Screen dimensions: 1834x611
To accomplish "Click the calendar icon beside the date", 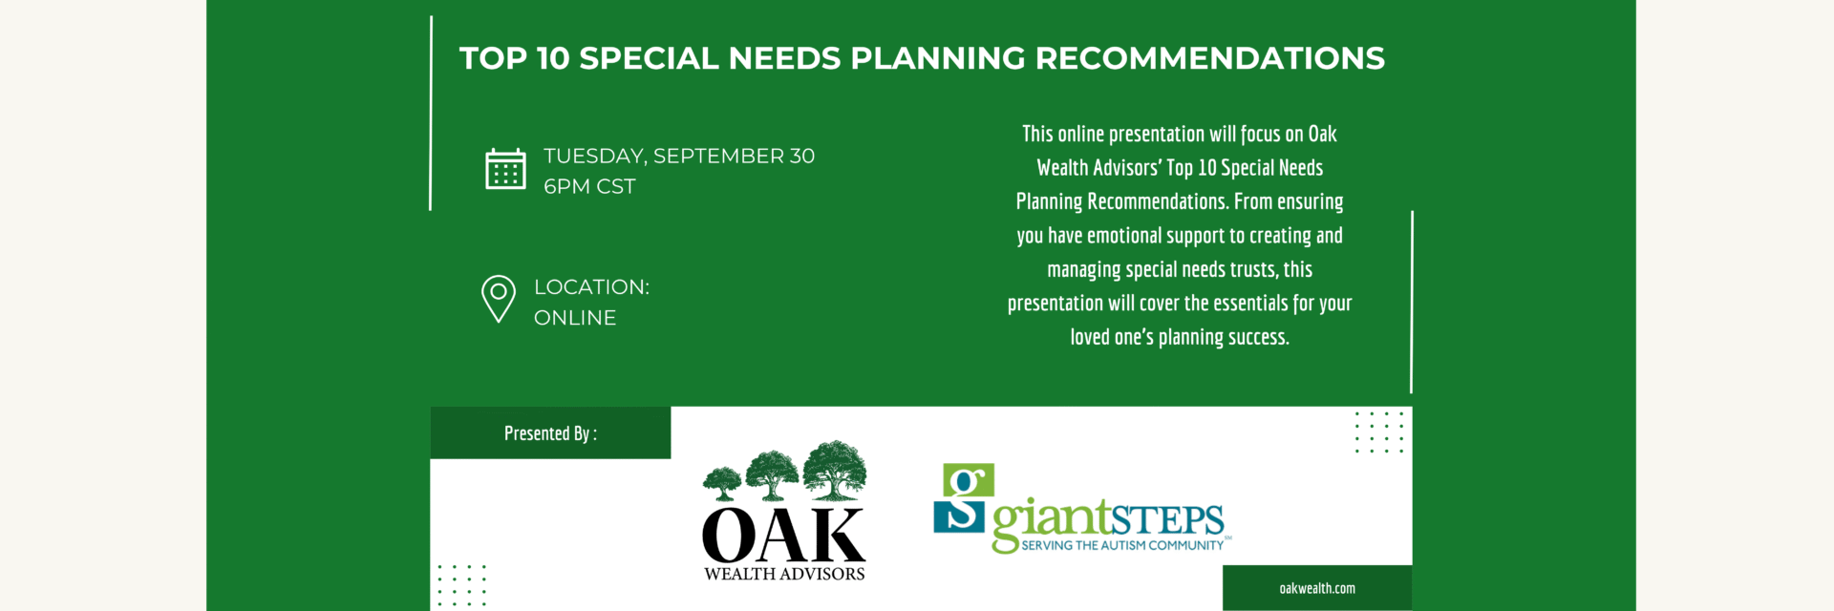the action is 505,169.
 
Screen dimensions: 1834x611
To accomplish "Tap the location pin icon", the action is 499,299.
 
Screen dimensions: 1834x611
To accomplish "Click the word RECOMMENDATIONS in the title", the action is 1210,58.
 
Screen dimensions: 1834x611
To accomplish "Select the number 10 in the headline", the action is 553,58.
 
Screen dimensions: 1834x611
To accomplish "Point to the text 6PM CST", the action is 589,187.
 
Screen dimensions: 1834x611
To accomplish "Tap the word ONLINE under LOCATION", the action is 575,318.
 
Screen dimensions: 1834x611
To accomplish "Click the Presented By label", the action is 550,433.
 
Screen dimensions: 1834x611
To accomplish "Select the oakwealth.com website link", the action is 1317,588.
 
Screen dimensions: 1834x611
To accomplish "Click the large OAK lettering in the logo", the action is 783,536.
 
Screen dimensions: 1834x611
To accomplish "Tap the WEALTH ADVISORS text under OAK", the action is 784,574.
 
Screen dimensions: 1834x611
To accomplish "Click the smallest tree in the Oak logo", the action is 723,483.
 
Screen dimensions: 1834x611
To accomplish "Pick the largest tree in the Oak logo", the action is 835,470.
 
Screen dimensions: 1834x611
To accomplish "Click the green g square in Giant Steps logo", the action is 969,480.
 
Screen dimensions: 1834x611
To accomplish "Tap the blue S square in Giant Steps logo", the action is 959,514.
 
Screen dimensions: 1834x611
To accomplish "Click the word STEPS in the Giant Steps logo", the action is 1166,521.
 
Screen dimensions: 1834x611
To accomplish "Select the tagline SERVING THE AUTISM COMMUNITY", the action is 1122,545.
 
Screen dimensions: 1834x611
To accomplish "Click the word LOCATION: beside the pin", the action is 591,287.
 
